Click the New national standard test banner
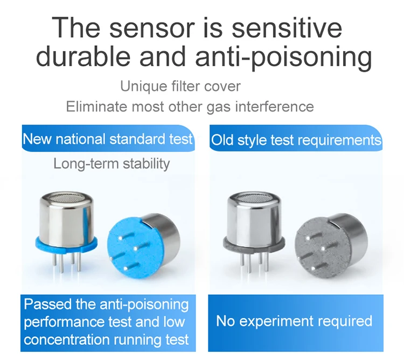point(107,139)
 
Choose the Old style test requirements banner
point(296,141)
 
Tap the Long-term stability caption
point(112,163)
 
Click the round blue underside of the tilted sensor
point(133,248)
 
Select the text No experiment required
point(294,322)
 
